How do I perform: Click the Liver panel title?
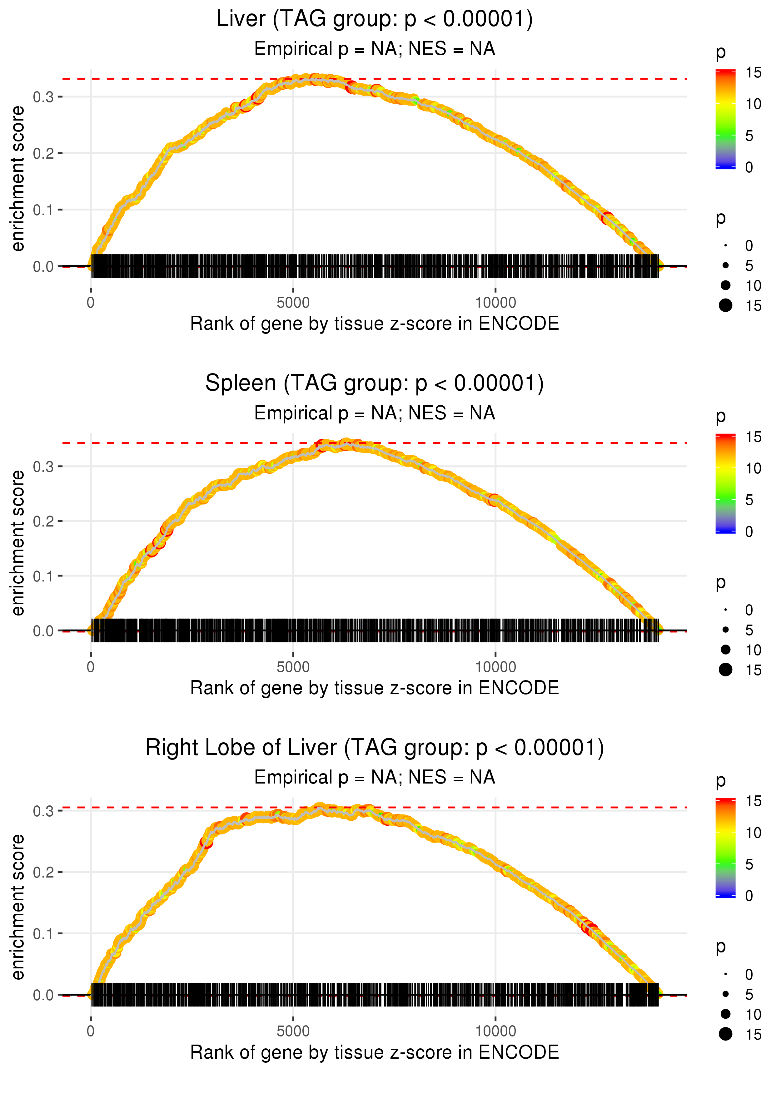click(x=375, y=19)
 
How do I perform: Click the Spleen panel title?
click(x=375, y=383)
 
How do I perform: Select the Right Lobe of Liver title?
click(x=375, y=748)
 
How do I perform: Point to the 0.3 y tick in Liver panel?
click(x=43, y=97)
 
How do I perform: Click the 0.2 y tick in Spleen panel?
click(x=43, y=521)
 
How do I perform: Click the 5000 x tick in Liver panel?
click(x=293, y=303)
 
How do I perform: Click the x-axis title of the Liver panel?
click(x=375, y=324)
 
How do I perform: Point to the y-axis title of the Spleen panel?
click(x=18, y=543)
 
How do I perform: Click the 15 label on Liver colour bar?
click(x=754, y=72)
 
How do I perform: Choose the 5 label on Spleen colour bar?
click(x=749, y=500)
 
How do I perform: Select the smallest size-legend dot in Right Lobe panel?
click(x=726, y=974)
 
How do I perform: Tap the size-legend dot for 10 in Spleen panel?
click(x=726, y=650)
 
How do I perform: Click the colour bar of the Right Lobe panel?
click(x=726, y=848)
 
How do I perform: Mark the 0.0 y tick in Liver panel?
click(x=43, y=267)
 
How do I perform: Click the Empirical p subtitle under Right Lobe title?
click(x=375, y=778)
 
